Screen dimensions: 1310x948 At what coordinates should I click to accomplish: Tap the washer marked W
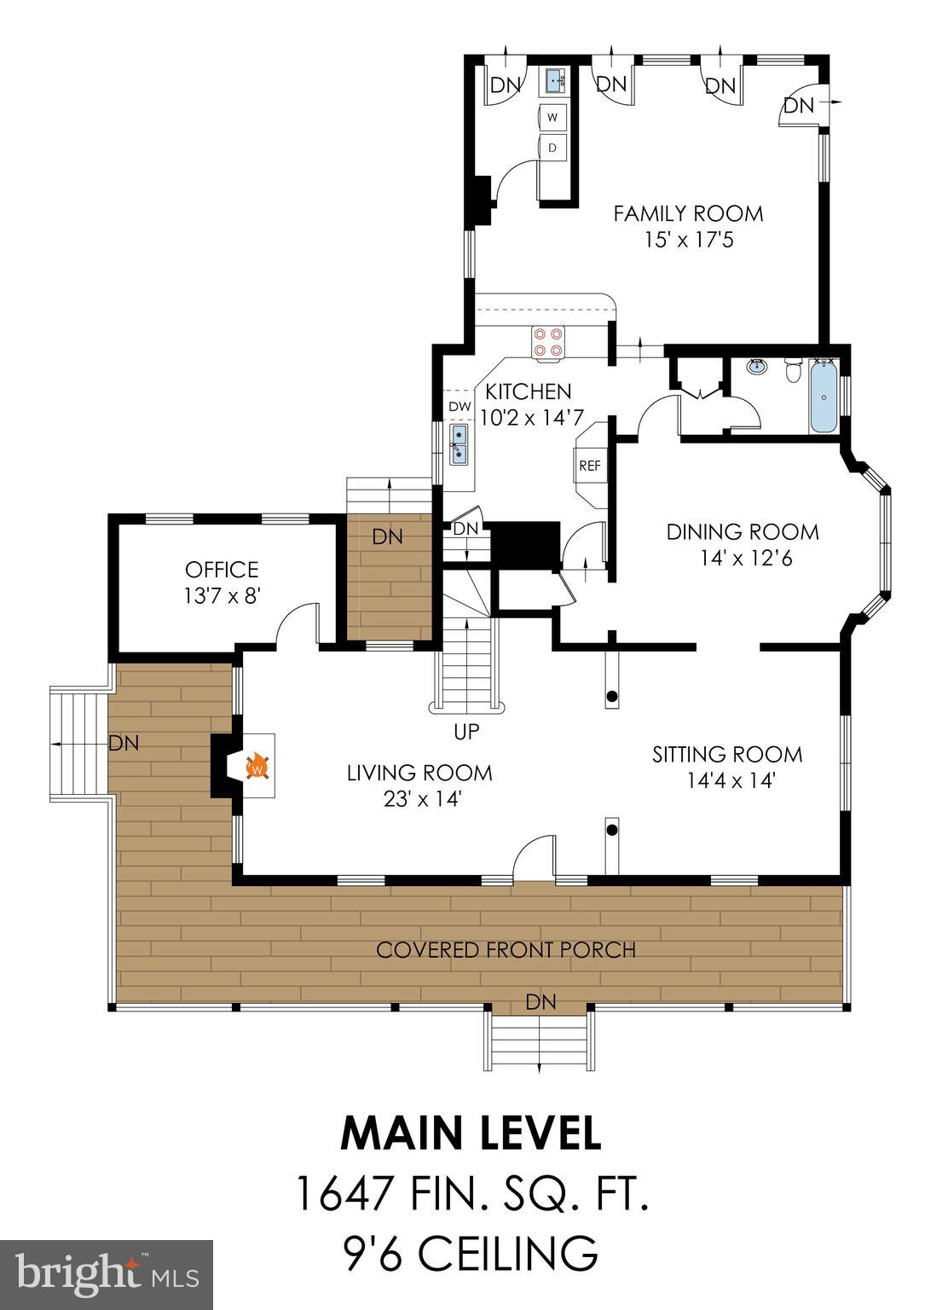552,117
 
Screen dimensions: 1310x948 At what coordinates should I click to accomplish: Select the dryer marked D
552,148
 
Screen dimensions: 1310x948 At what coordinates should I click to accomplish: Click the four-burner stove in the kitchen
546,341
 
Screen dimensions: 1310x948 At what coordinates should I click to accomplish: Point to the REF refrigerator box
590,466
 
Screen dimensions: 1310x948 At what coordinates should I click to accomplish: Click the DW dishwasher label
460,406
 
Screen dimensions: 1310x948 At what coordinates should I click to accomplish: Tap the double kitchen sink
459,443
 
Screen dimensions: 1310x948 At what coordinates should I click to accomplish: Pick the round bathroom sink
755,368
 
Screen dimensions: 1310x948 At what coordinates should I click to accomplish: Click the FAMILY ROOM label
688,213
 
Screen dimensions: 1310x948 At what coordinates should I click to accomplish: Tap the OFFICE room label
222,570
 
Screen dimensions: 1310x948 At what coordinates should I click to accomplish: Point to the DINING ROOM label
743,532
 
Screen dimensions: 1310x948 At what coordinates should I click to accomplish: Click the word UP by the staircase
467,732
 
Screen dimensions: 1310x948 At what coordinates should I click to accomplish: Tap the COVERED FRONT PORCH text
506,950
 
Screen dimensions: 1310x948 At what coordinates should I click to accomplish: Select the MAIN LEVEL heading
471,1133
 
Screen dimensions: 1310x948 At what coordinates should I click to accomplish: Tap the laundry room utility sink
556,82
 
